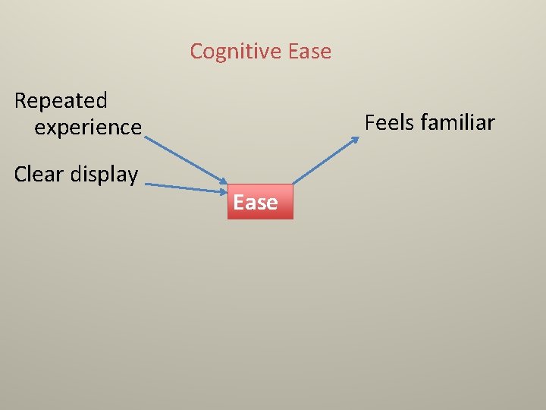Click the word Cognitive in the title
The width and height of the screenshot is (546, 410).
[236, 52]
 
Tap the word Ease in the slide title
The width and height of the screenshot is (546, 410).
[309, 52]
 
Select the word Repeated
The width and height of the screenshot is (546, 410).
[61, 100]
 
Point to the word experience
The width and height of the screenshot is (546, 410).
[88, 127]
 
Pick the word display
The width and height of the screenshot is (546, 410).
[104, 174]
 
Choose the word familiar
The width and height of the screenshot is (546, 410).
[457, 122]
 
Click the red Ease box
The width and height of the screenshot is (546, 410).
[259, 202]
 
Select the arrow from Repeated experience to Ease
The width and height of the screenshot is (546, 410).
[186, 161]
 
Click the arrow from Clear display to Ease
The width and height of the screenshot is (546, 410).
[186, 187]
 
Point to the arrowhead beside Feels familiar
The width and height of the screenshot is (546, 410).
[357, 140]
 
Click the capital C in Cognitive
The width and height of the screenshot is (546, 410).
[196, 52]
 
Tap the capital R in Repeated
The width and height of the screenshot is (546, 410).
[20, 100]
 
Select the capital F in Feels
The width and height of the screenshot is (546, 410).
[370, 122]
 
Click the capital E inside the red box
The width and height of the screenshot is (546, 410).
[239, 203]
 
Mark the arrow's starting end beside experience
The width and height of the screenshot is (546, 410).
[145, 138]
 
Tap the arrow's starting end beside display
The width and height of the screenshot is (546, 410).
[146, 183]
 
